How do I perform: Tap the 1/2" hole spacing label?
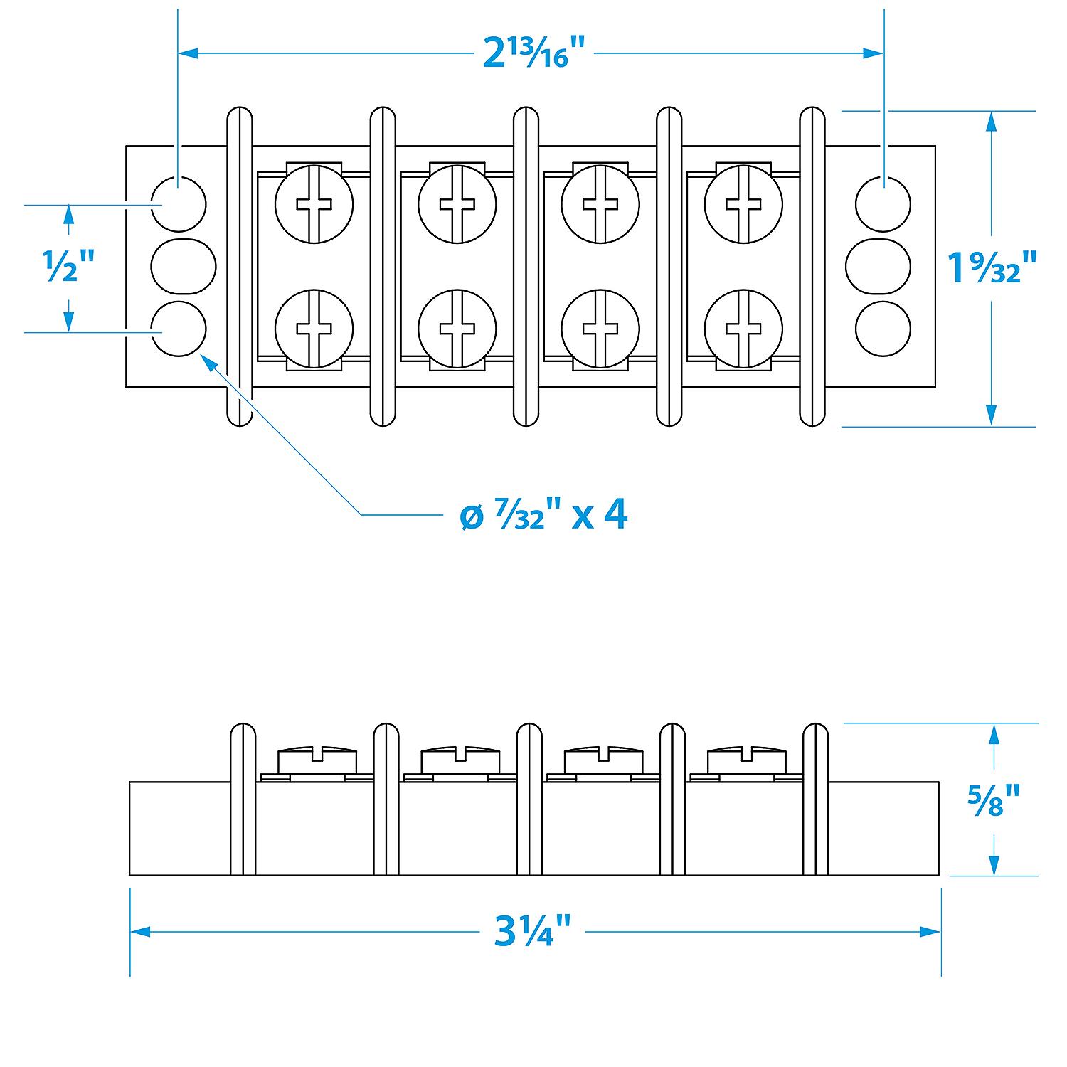point(69,267)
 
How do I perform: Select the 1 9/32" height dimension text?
point(993,267)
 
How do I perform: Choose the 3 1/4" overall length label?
point(533,932)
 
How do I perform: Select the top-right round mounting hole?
point(883,204)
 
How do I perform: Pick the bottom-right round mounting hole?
point(883,329)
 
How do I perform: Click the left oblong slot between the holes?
point(183,267)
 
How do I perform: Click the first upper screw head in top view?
point(314,204)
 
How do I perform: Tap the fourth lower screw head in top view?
point(743,329)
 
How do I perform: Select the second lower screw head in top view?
point(457,329)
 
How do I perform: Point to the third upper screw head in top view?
point(600,204)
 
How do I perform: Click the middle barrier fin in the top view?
point(526,267)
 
